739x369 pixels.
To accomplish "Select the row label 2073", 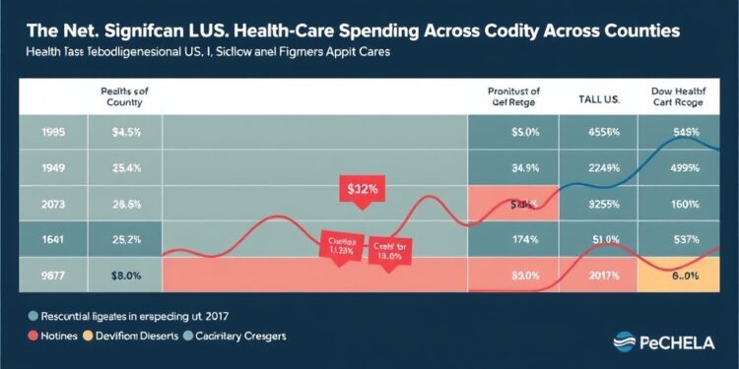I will [41, 205].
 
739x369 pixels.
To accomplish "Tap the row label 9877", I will [41, 277].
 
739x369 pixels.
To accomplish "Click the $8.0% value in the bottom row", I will [123, 277].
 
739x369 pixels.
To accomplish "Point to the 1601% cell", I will [681, 205].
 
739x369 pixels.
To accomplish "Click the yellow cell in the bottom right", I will [681, 277].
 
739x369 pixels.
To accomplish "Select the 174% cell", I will [511, 240].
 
